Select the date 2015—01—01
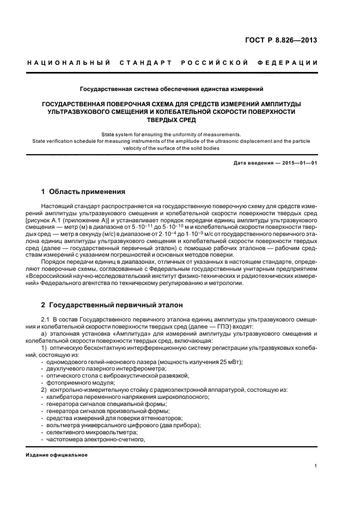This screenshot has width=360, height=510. click(x=297, y=163)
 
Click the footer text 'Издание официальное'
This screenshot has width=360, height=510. click(x=57, y=455)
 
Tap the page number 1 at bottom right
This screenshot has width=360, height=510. click(x=316, y=466)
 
